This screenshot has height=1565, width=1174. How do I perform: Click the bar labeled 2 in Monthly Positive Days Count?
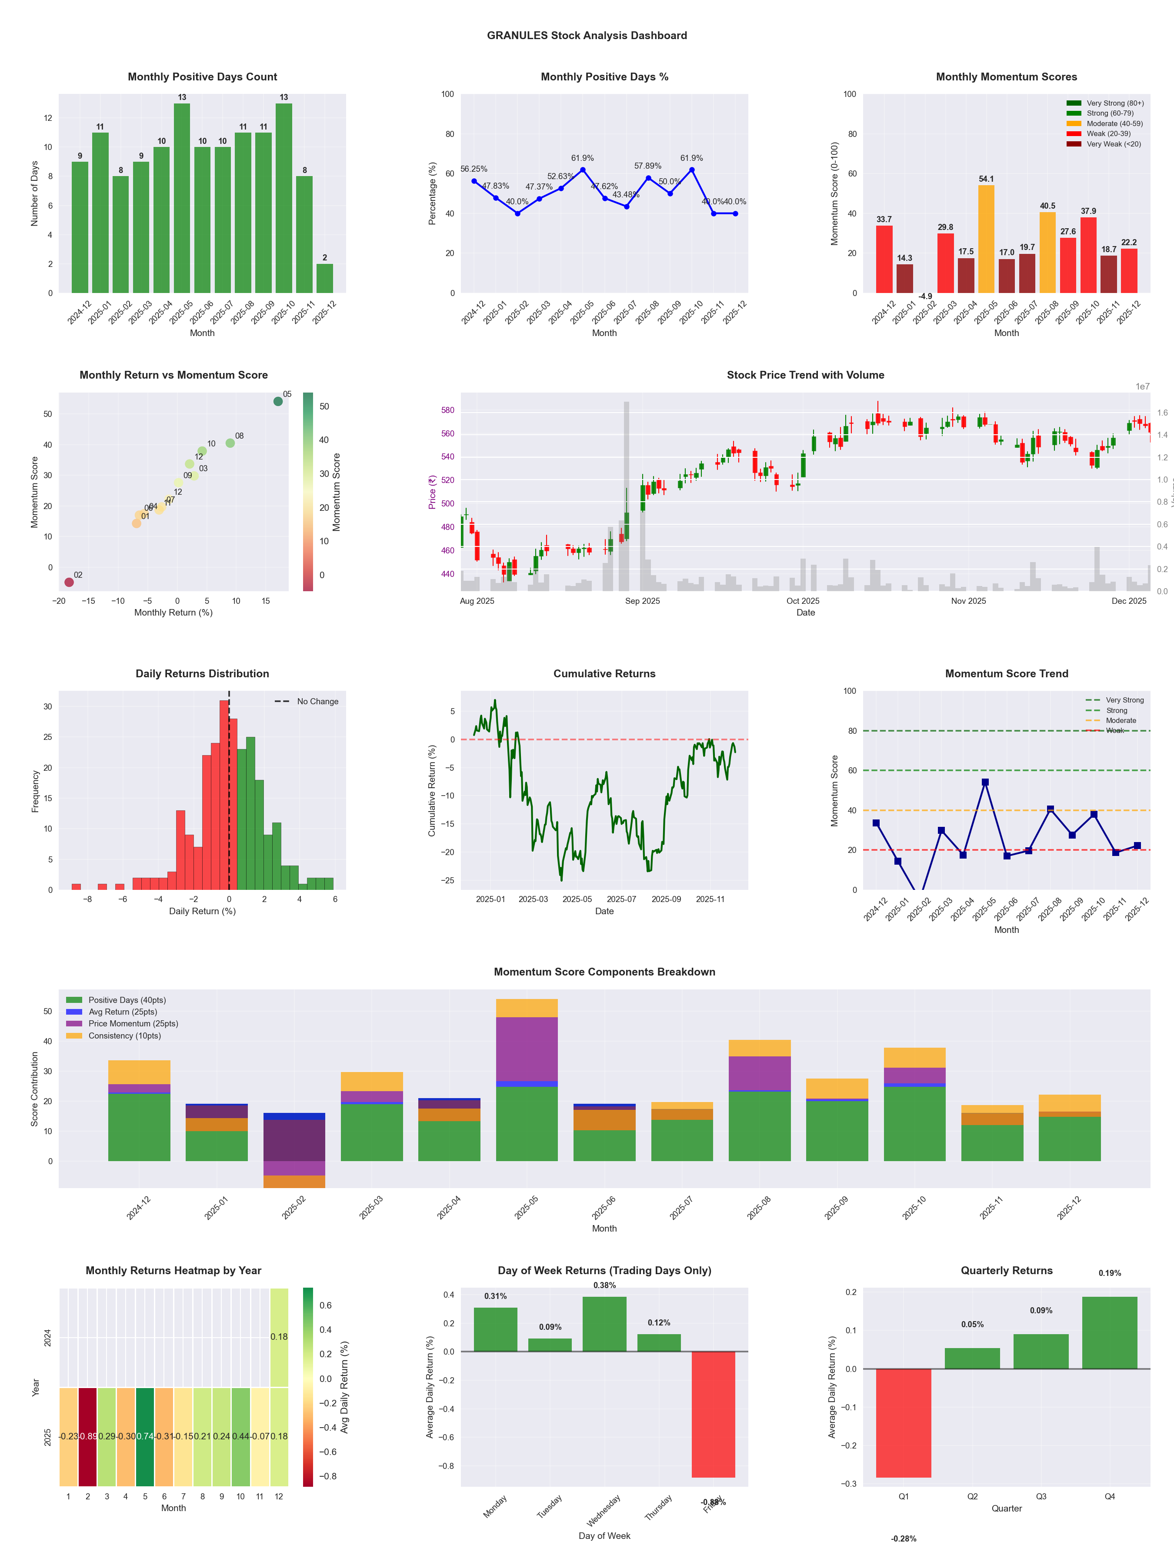[x=325, y=278]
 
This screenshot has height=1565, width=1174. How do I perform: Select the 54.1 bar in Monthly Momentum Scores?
[x=986, y=239]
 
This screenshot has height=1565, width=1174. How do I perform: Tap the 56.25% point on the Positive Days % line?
[x=474, y=181]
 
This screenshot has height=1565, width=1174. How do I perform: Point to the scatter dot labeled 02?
[x=69, y=582]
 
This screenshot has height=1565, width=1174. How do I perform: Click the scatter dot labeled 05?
[x=278, y=401]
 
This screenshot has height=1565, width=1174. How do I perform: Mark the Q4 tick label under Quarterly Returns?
[x=1110, y=1496]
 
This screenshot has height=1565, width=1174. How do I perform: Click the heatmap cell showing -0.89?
[x=88, y=1436]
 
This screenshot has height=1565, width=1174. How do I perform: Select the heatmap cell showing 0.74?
[x=145, y=1436]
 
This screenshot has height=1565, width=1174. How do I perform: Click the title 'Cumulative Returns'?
[x=604, y=673]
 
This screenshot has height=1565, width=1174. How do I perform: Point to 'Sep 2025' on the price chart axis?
[x=643, y=601]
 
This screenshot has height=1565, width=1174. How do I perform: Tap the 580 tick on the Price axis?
[x=447, y=410]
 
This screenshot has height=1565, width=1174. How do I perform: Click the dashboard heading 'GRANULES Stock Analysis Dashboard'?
[x=587, y=35]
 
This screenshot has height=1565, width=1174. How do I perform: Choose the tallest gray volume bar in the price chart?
[x=626, y=495]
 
